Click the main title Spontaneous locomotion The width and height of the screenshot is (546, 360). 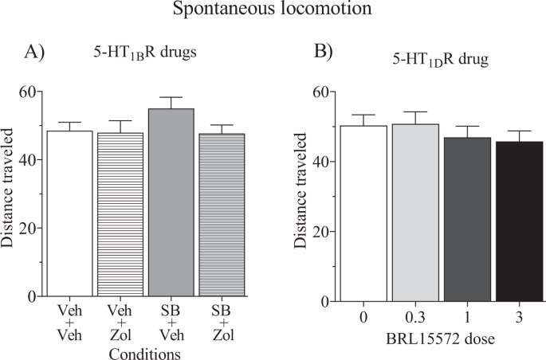[273, 12]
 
